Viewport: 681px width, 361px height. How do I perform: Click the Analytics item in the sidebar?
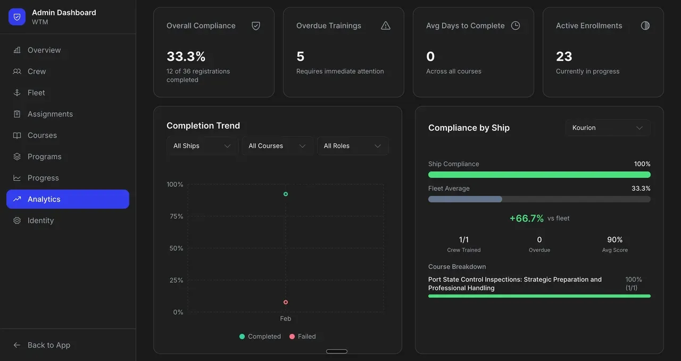pyautogui.click(x=68, y=199)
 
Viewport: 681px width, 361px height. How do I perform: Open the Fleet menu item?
pyautogui.click(x=36, y=93)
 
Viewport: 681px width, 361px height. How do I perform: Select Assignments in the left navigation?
pyautogui.click(x=50, y=114)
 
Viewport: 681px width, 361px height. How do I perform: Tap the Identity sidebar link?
pyautogui.click(x=40, y=220)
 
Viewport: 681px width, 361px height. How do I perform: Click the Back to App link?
pyautogui.click(x=48, y=345)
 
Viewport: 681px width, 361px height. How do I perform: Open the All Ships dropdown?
pyautogui.click(x=202, y=146)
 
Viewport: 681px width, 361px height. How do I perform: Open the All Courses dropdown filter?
pyautogui.click(x=277, y=146)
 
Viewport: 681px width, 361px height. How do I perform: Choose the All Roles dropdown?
pyautogui.click(x=352, y=146)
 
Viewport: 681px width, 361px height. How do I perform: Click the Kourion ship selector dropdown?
pyautogui.click(x=607, y=128)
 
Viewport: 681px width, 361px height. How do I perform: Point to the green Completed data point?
pyautogui.click(x=286, y=194)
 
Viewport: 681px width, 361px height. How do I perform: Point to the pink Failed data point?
pyautogui.click(x=286, y=302)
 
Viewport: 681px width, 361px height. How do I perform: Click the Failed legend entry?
pyautogui.click(x=303, y=337)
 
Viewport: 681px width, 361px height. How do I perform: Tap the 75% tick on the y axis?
pyautogui.click(x=175, y=216)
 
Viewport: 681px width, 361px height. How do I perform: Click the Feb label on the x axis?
pyautogui.click(x=286, y=318)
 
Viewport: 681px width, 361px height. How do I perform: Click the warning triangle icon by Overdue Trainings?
pyautogui.click(x=386, y=26)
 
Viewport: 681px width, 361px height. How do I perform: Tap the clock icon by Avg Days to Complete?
pyautogui.click(x=516, y=26)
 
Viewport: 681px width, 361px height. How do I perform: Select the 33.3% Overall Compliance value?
pyautogui.click(x=186, y=56)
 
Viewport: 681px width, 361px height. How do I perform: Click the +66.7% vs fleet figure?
pyautogui.click(x=527, y=218)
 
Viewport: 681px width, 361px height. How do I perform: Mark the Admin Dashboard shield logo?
pyautogui.click(x=17, y=17)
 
